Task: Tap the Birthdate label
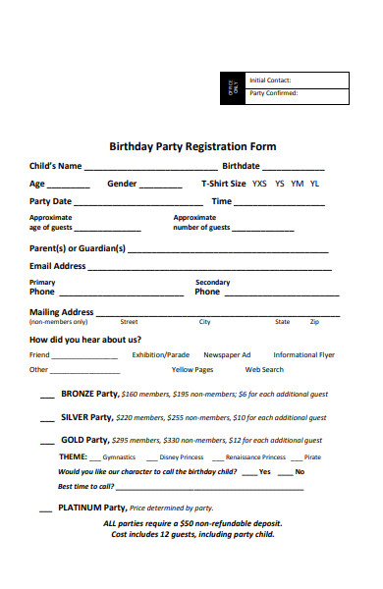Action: click(241, 166)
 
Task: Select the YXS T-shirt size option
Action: click(259, 184)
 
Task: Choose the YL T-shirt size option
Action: click(314, 184)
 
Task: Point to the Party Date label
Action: click(50, 201)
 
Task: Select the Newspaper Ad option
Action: click(227, 354)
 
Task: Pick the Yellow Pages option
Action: click(192, 370)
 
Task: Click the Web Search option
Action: click(264, 370)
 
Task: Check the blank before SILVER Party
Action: click(47, 420)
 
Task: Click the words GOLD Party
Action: click(84, 440)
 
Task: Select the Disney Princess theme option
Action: click(181, 457)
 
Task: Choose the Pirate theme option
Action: click(312, 457)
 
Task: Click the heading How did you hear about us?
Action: click(79, 339)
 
